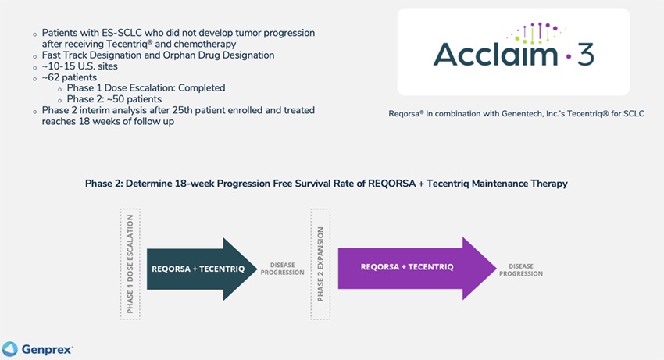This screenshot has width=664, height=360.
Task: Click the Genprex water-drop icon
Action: point(10,348)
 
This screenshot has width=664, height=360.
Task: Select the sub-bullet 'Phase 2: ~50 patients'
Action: point(115,99)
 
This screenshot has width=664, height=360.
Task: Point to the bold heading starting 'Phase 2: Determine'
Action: point(326,183)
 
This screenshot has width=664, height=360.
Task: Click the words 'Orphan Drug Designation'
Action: point(225,55)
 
